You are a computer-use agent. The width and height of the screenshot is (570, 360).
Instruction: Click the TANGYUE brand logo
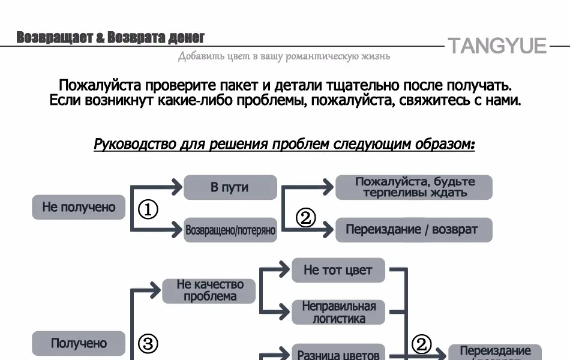point(497,46)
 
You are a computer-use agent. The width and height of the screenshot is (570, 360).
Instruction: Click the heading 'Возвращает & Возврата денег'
point(110,38)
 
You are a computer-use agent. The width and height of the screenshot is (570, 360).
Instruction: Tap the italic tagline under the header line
point(284,56)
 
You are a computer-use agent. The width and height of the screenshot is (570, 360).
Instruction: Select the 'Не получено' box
point(79,207)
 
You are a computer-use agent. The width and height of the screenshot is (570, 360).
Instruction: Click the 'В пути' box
point(230,187)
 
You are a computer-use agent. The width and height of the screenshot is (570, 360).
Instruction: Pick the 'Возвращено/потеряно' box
point(230,230)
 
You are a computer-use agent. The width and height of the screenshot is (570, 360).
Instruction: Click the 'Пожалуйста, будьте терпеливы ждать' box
point(414,187)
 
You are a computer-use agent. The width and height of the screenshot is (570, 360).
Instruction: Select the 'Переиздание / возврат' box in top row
point(414,230)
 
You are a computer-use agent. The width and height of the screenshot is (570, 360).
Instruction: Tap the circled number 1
point(148,210)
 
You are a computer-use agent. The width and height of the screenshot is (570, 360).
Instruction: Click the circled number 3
point(148,344)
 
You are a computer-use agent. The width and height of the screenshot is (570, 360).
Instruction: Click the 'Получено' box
point(79,343)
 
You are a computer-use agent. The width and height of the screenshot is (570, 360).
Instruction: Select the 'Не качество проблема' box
point(209,290)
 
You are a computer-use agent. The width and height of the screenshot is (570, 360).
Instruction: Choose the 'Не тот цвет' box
point(338,270)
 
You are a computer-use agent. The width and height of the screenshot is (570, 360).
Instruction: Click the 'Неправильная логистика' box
point(338,312)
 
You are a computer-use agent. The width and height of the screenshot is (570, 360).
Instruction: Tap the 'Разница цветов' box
point(338,353)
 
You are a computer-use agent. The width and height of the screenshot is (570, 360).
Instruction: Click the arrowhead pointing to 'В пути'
point(176,187)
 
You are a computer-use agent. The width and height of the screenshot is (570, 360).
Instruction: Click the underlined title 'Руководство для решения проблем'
point(284,145)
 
